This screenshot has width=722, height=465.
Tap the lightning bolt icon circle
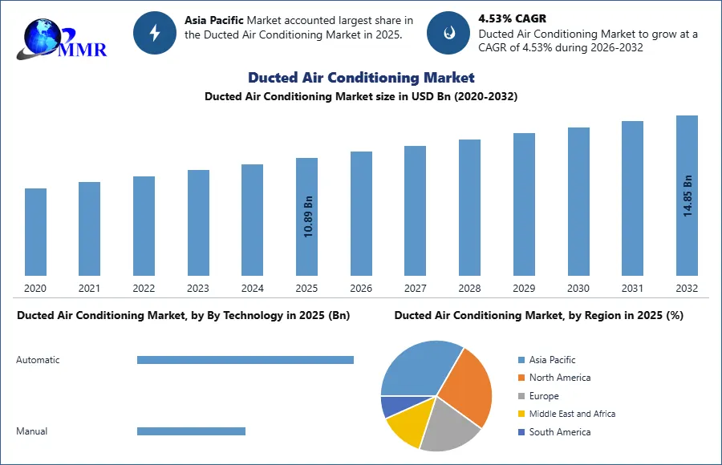(154, 33)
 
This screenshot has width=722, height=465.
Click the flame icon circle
(448, 33)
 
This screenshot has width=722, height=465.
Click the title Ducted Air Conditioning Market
(361, 78)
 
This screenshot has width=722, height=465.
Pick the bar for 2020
(35, 232)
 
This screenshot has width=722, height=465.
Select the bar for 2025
(306, 216)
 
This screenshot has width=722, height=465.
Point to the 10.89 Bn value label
(308, 217)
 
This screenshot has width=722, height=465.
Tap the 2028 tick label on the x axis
(469, 289)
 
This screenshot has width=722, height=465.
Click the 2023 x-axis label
(198, 289)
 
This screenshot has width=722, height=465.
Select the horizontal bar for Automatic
(245, 360)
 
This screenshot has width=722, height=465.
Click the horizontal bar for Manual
(191, 431)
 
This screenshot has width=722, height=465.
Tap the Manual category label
(32, 431)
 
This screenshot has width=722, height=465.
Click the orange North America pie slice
(468, 385)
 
